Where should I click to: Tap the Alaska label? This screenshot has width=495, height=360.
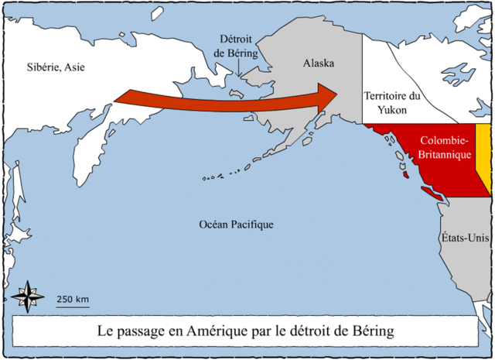tap(319, 63)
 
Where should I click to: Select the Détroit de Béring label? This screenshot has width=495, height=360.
tap(239, 46)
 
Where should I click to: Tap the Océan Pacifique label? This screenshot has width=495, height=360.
tap(236, 225)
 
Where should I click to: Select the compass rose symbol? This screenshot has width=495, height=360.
tap(27, 297)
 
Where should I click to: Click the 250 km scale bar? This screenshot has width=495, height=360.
tap(72, 306)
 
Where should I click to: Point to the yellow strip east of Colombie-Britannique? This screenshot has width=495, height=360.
tap(483, 155)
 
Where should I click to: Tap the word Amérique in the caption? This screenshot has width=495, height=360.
tap(223, 331)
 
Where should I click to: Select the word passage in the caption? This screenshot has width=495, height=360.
tap(151, 331)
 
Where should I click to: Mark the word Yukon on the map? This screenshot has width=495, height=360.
tap(391, 111)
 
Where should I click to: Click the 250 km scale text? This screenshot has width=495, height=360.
tap(72, 299)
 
